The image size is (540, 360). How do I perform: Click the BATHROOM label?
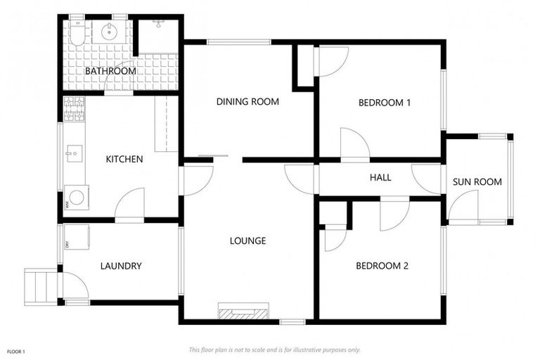110,71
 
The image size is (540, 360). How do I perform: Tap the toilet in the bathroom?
77,32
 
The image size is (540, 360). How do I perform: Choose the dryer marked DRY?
77,237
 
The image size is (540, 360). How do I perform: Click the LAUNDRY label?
121,266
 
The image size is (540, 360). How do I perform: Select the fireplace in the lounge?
243,312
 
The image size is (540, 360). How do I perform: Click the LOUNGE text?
247,241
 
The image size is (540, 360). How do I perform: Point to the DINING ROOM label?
247,102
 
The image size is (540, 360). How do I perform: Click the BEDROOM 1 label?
385,103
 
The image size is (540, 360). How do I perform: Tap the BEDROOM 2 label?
382,266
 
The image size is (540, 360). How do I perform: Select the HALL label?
380,178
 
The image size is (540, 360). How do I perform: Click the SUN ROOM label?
477,182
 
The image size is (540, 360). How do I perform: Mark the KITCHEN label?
124,160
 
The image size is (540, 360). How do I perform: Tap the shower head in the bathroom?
160,23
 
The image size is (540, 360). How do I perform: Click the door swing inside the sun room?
461,205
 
